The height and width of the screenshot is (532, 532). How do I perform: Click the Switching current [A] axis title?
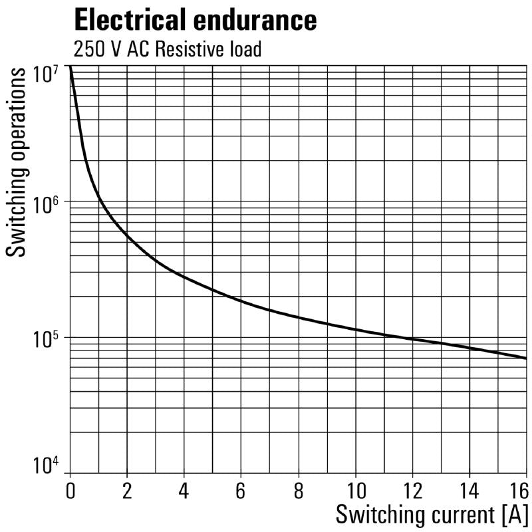(x=432, y=515)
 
